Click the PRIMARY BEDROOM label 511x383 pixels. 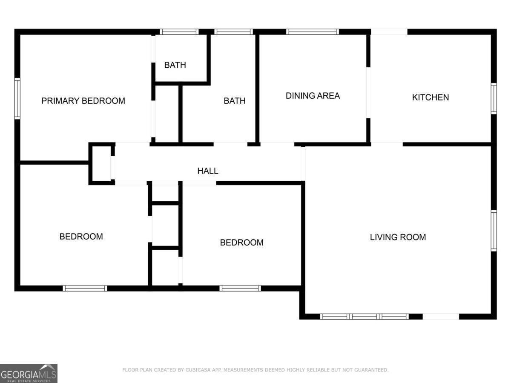pyautogui.click(x=83, y=101)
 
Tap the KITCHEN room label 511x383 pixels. pyautogui.click(x=430, y=97)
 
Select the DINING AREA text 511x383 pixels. pyautogui.click(x=313, y=96)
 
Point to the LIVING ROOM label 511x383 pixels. pyautogui.click(x=398, y=237)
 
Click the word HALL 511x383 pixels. pyautogui.click(x=208, y=171)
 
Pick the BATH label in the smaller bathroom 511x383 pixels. pyautogui.click(x=175, y=65)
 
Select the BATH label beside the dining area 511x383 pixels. pyautogui.click(x=235, y=101)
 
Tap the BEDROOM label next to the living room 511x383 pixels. pyautogui.click(x=241, y=243)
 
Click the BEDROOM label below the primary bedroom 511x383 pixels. pyautogui.click(x=81, y=237)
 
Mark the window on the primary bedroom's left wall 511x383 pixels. pyautogui.click(x=17, y=98)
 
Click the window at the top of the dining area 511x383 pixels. pyautogui.click(x=312, y=31)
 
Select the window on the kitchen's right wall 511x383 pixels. pyautogui.click(x=494, y=98)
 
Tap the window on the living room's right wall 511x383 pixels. pyautogui.click(x=494, y=230)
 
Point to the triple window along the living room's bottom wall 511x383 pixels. pyautogui.click(x=364, y=316)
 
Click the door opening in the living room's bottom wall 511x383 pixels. pyautogui.click(x=441, y=316)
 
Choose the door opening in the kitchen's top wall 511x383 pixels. pyautogui.click(x=389, y=31)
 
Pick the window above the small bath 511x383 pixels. pyautogui.click(x=179, y=31)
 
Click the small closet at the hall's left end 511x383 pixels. pyautogui.click(x=101, y=164)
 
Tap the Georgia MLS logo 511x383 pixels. pyautogui.click(x=29, y=373)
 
